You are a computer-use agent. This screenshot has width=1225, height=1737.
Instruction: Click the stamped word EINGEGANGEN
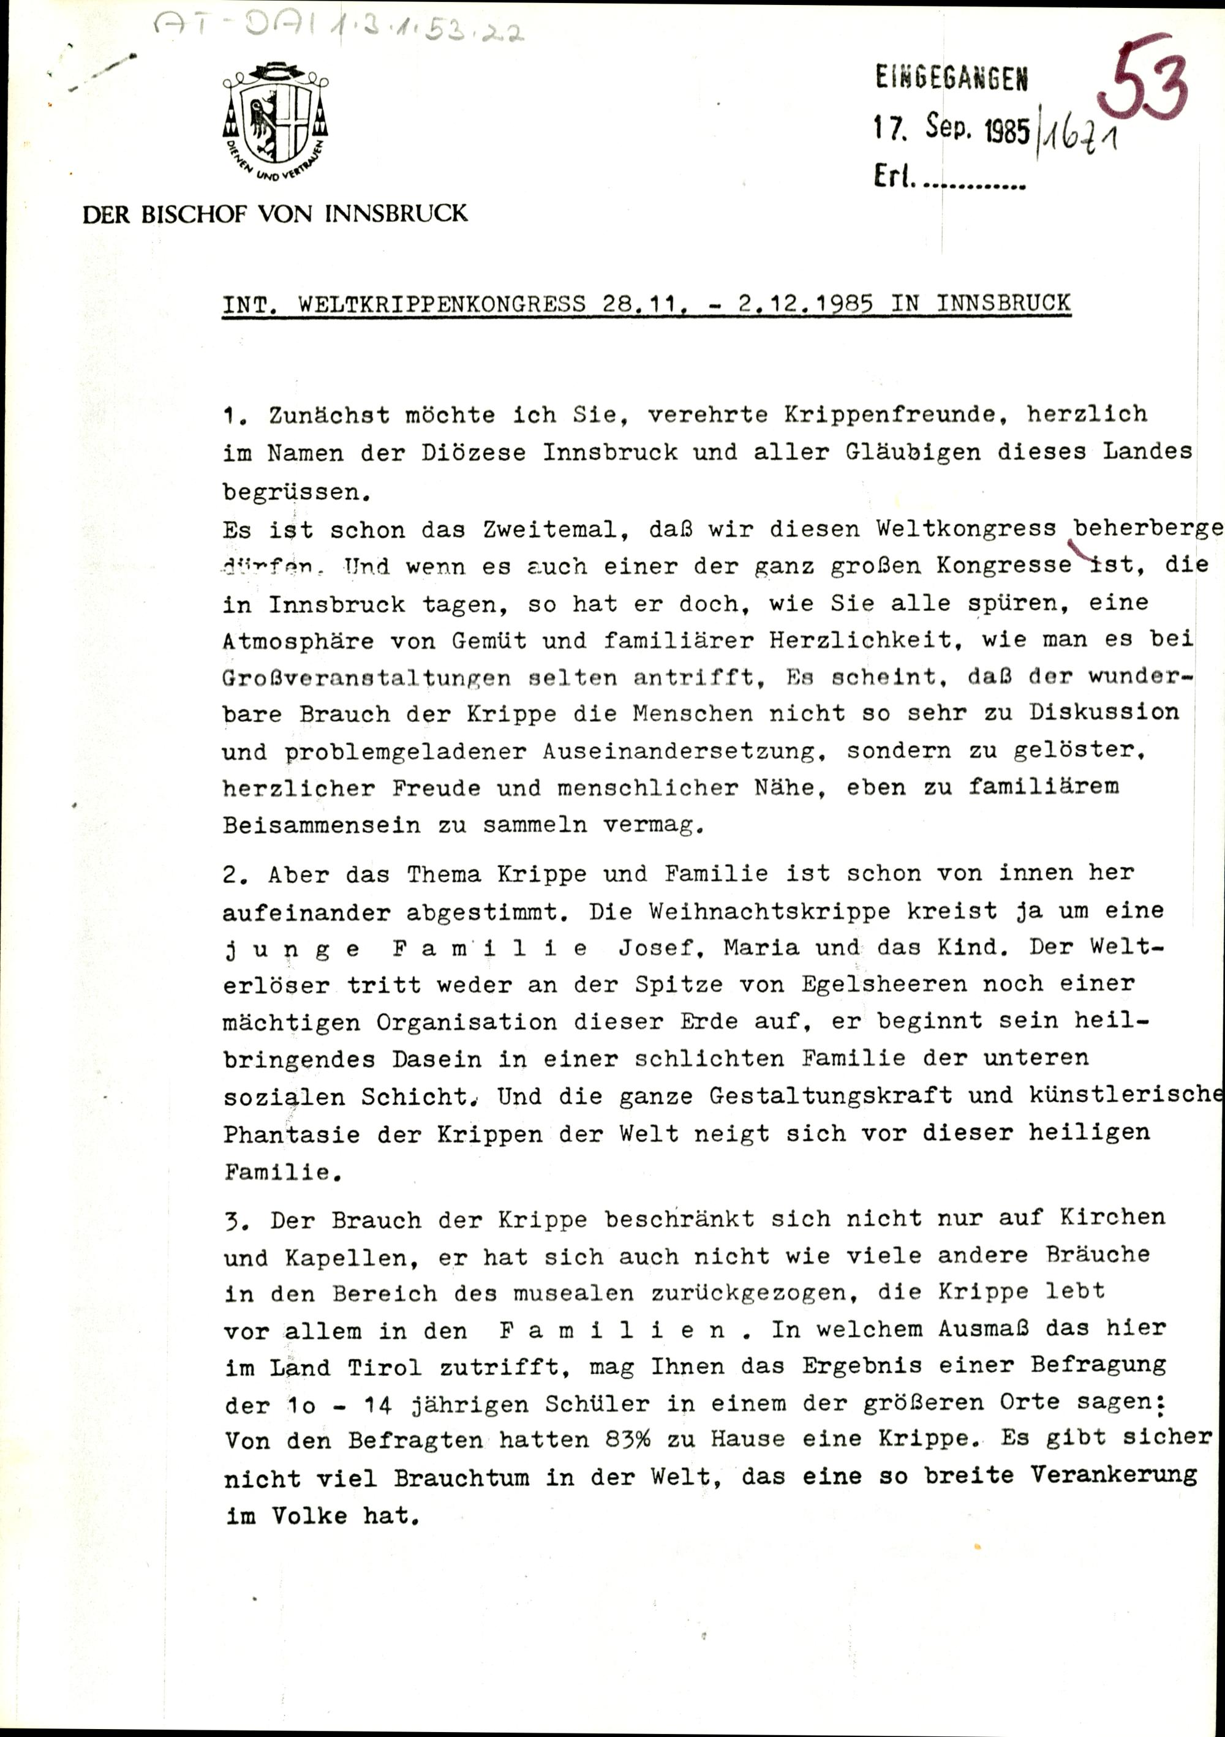tap(952, 77)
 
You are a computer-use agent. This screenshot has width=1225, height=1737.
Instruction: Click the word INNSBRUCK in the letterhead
tap(396, 214)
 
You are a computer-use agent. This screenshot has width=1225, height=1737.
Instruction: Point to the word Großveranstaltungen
tap(366, 678)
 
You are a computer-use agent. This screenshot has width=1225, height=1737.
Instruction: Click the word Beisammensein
tap(321, 825)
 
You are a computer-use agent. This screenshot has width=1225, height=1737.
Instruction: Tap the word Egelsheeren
tap(864, 985)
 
